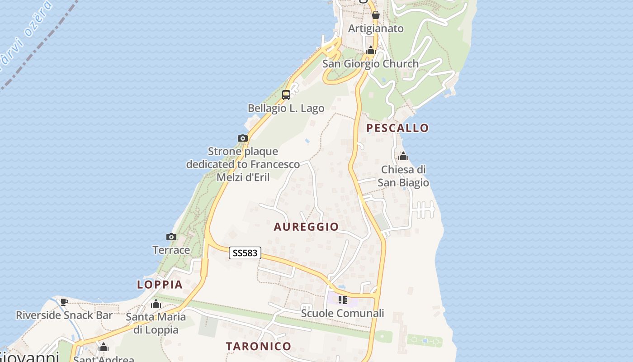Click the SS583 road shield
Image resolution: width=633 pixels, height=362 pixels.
pos(245,253)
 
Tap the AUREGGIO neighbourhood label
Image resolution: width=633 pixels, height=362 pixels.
pos(306,227)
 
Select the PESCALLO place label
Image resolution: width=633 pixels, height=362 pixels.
pos(397,128)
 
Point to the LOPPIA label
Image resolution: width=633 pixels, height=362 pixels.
pos(160,285)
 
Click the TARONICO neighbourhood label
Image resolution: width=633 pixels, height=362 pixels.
pos(259,347)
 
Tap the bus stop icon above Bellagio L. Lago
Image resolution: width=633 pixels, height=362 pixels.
pos(286,95)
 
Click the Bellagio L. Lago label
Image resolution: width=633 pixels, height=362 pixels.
pos(286,108)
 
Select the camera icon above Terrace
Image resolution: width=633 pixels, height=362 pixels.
pos(171,237)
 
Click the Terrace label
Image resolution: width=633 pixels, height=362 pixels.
pos(171,250)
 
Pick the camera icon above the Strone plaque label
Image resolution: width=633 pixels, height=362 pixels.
pos(242,138)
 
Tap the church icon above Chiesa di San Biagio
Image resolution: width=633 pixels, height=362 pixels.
pos(403,157)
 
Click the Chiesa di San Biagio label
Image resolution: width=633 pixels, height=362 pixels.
pos(403,176)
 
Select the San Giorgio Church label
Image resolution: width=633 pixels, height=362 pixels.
pos(370,64)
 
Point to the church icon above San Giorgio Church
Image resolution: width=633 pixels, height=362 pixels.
pos(371,50)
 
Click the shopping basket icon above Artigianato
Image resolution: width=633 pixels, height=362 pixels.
pos(375,15)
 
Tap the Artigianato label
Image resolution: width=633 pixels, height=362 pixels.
pos(375,29)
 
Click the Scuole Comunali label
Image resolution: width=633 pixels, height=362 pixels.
pos(342,313)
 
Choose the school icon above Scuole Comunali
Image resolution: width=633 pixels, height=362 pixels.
pos(343,300)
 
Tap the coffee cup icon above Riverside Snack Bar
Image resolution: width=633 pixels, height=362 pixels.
pos(64,302)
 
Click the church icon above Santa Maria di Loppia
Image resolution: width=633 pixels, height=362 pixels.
pos(156,304)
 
